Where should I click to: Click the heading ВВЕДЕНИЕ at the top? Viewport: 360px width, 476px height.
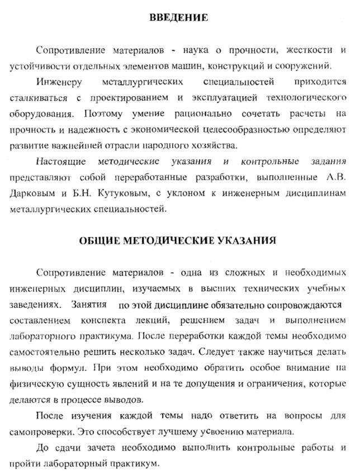(x=179, y=18)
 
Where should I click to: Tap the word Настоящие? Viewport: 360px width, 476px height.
(x=59, y=161)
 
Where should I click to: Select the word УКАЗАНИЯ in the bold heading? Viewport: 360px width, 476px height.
(x=250, y=241)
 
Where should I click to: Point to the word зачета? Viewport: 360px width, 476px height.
(x=98, y=449)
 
